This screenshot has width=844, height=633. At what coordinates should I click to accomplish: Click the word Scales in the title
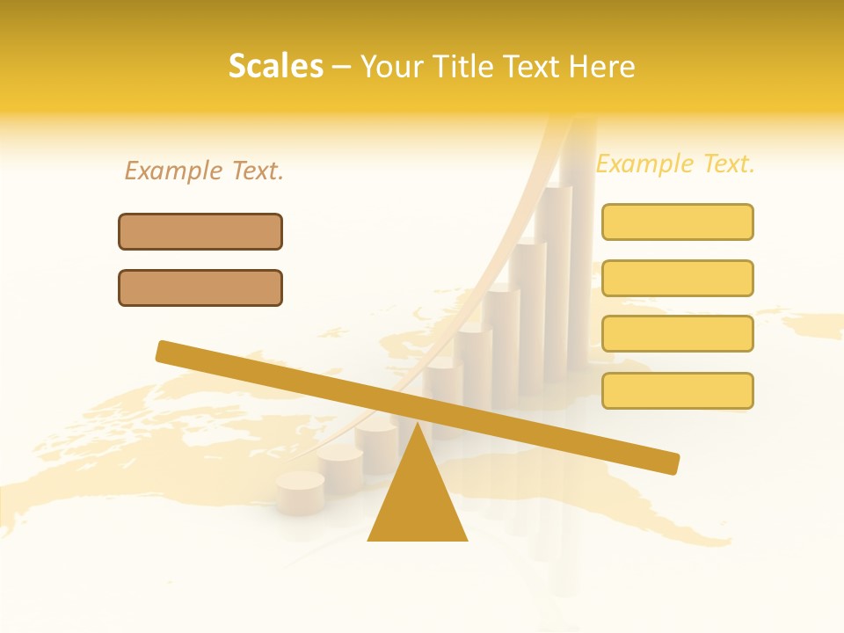(x=275, y=66)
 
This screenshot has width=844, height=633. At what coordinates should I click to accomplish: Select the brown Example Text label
(x=204, y=171)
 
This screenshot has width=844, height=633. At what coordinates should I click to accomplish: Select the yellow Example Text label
(x=675, y=164)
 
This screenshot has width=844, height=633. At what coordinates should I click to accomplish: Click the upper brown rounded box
(x=200, y=231)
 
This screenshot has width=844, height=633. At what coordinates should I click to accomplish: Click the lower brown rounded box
(x=200, y=287)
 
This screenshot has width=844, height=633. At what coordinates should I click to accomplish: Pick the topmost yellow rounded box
(x=677, y=222)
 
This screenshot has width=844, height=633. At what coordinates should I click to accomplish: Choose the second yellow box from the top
(x=677, y=278)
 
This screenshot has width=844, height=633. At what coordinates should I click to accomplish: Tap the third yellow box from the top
(x=677, y=333)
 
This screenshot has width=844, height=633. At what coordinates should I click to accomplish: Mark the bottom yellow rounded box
(x=677, y=390)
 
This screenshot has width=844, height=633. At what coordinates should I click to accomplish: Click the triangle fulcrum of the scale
(x=418, y=501)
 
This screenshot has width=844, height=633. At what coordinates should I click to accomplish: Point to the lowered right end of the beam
(x=671, y=463)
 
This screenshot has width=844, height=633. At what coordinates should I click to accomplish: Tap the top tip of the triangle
(x=418, y=426)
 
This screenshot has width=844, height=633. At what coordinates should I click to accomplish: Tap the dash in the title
(x=342, y=67)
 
